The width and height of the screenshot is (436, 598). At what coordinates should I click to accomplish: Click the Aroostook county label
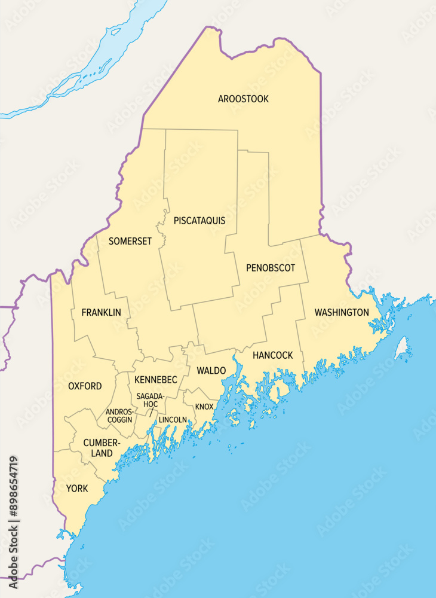coord(243,99)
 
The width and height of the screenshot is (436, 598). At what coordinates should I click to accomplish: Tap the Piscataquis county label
coord(199,221)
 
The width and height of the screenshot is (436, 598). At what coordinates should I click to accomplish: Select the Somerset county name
coord(130,241)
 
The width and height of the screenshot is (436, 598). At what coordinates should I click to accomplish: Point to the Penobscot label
coord(271,268)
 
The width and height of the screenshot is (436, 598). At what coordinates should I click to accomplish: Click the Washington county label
coord(342,312)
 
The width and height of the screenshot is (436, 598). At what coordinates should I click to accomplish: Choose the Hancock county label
coord(272,355)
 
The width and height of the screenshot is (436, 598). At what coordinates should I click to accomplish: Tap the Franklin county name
coord(101,312)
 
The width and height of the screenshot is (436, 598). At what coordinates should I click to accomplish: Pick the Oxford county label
coord(85,386)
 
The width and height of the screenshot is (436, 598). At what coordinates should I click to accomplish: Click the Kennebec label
coord(156,380)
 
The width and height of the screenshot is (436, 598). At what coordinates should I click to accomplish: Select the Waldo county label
coord(211,371)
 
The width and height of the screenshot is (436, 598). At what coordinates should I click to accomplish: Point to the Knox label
coord(204,407)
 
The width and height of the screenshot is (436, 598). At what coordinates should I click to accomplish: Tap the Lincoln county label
coord(173,420)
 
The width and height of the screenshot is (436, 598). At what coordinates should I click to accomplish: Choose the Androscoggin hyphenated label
coord(119,416)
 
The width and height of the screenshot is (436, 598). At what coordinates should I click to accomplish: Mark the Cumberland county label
coord(98,448)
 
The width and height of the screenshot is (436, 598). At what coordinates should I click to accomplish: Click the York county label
coord(77,489)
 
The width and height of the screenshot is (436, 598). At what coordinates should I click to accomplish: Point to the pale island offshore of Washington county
coord(402,347)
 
